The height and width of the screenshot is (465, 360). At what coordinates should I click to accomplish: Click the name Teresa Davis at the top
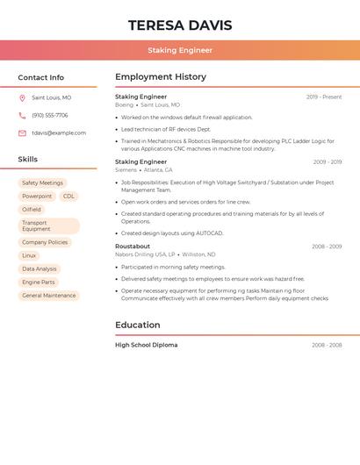pos(179,25)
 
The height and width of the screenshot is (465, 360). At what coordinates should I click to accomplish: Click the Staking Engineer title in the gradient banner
pos(179,50)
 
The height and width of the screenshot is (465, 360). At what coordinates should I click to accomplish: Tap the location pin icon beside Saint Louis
pos(22,98)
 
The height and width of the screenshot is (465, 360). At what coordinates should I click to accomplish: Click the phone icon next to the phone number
pos(22,116)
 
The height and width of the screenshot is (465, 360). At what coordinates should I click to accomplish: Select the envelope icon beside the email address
pos(22,133)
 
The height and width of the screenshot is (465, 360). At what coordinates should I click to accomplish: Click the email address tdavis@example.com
pos(59,133)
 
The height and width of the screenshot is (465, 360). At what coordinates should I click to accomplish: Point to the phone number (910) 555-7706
pos(50,116)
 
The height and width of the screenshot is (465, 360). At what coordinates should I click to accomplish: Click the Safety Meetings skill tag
pos(42,182)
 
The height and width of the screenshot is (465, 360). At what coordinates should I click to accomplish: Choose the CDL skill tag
pos(68,197)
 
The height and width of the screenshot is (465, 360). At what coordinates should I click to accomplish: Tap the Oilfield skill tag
pos(32,210)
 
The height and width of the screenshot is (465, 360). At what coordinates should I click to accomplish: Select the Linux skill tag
pos(30,255)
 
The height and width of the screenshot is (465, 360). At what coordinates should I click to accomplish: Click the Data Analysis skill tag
pos(40,269)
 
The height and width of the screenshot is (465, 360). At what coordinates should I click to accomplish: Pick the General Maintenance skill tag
pos(49,296)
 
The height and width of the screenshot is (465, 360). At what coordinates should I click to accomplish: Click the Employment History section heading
pos(161,77)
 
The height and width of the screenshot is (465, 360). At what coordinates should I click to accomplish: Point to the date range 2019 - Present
pos(324,97)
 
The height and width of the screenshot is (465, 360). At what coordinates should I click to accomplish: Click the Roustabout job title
pos(133,247)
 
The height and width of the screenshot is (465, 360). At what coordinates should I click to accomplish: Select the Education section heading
pos(138,325)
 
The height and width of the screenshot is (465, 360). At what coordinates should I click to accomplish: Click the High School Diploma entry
pos(147,345)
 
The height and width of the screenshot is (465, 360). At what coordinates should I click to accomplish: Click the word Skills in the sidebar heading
pos(28,160)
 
